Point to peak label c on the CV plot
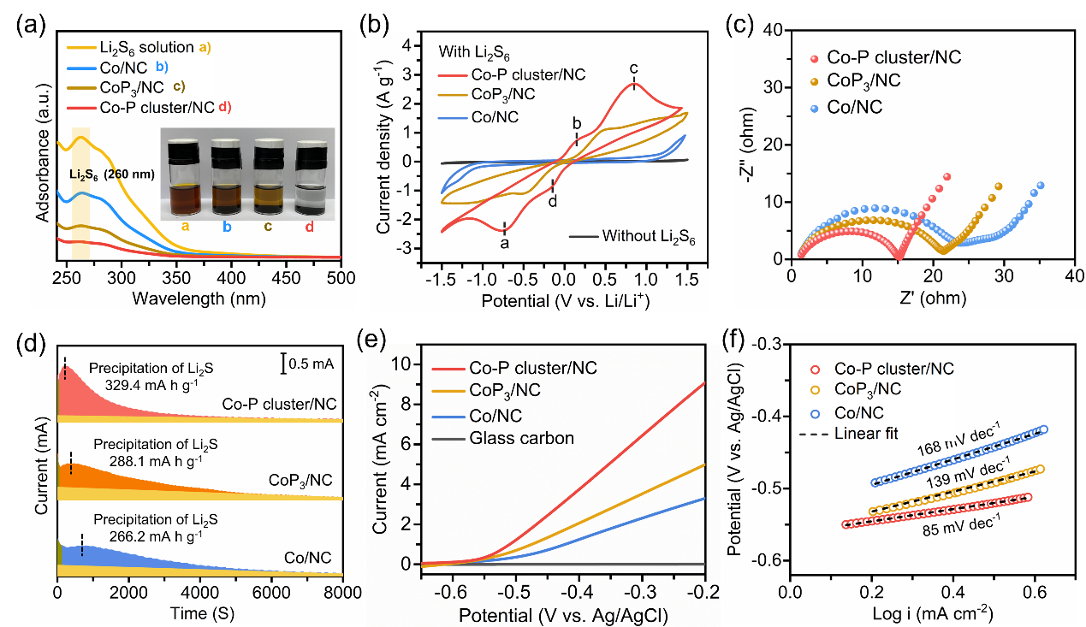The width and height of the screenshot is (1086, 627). point(633,68)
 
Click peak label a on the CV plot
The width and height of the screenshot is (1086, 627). point(504,243)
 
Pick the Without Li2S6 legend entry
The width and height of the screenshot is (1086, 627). point(648,236)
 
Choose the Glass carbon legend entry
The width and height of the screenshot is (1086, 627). point(522,439)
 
